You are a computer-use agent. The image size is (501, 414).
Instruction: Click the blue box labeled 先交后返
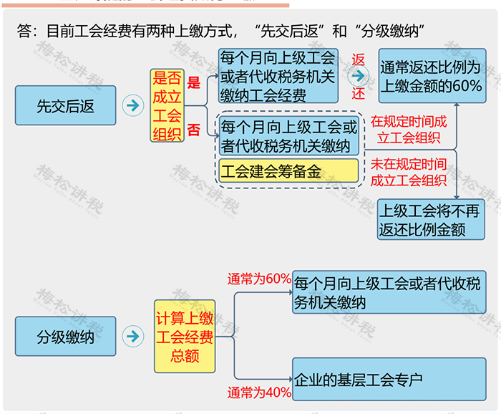(65, 105)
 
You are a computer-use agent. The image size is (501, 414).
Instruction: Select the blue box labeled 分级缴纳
(65, 336)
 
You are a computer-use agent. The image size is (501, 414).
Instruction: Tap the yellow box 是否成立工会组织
(167, 106)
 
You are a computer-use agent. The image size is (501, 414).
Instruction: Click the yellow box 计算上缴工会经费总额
(185, 337)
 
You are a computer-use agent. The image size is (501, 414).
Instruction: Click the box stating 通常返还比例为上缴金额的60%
(432, 77)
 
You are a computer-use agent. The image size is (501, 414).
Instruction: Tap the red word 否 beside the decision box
(193, 130)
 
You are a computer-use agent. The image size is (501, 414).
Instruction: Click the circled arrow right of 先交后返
(132, 105)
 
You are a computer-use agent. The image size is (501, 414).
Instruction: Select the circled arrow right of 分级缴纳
(132, 336)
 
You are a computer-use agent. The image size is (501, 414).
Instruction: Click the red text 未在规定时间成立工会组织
(408, 173)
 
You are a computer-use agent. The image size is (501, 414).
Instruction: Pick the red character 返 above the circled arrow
(359, 59)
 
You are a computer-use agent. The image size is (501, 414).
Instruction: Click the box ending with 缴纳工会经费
(278, 76)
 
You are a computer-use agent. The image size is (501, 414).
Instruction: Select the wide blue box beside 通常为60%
(389, 293)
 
